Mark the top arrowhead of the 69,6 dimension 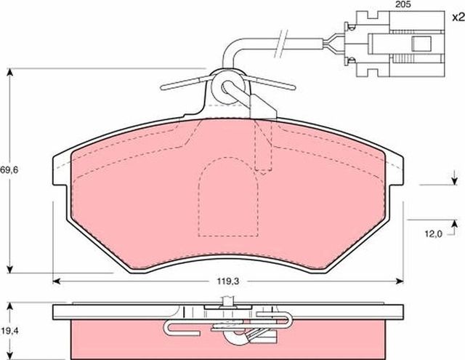coord(9,73)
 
